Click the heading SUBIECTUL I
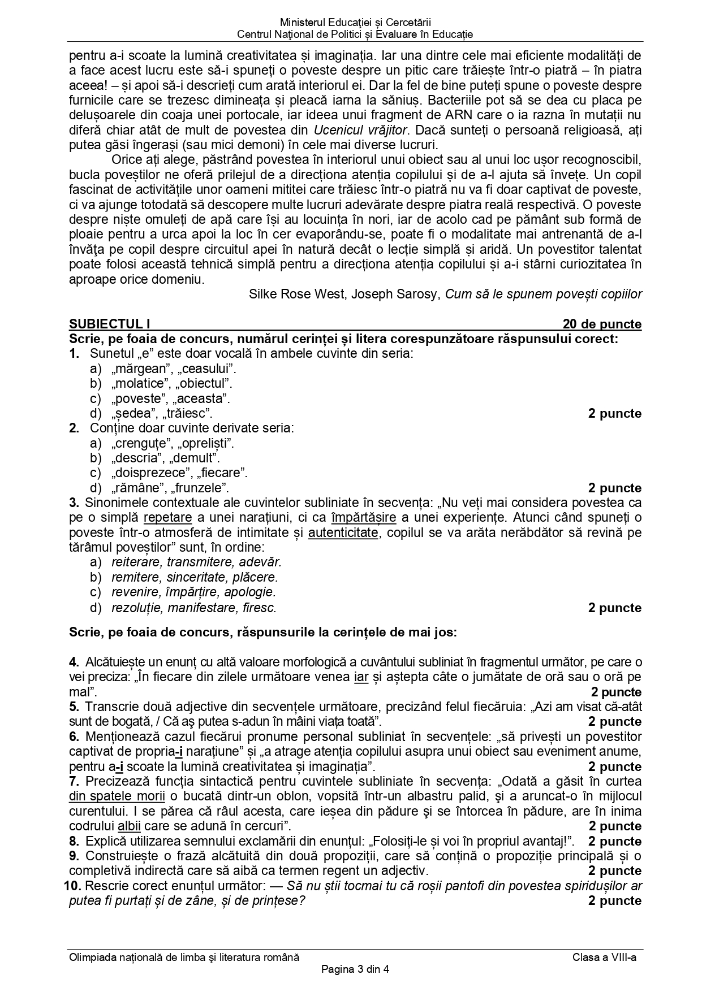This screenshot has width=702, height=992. point(110,324)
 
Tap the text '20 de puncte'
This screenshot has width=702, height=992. point(602,324)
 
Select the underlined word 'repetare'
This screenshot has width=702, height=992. point(167,517)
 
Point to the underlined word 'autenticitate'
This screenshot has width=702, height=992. point(343,532)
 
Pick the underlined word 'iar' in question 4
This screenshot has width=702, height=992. point(361,677)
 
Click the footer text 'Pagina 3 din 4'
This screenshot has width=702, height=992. point(355,970)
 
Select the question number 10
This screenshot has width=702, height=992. point(74,886)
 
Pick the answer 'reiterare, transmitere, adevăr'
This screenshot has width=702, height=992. point(196,562)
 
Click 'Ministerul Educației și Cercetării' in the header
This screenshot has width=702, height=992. point(355,23)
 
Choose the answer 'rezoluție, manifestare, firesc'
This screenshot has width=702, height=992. point(194,608)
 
